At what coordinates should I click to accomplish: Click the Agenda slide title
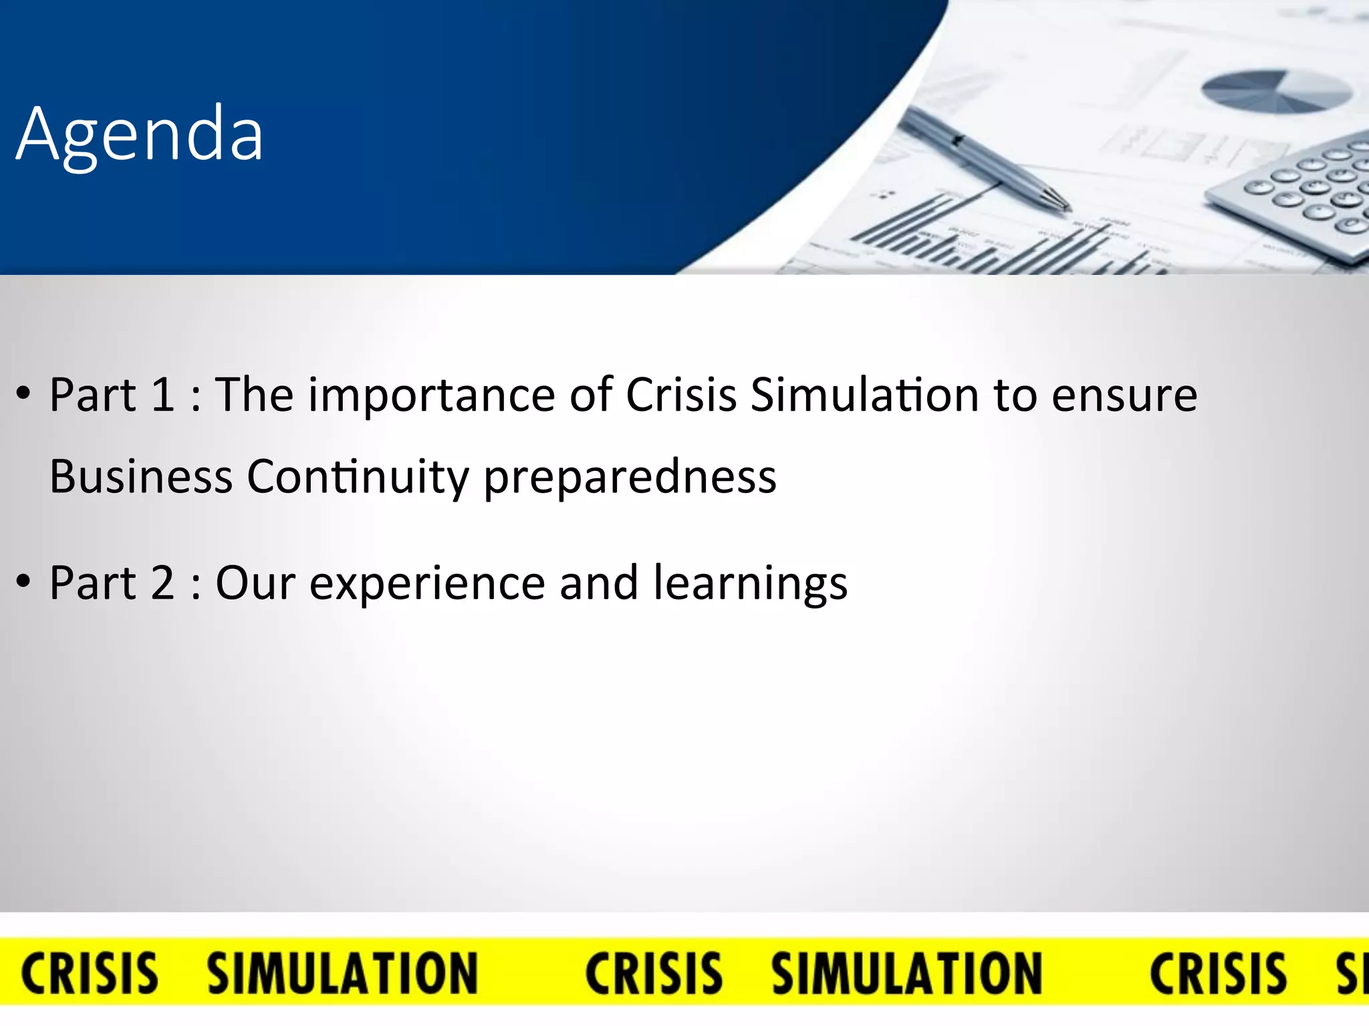139,136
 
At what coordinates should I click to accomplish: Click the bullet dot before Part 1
24,394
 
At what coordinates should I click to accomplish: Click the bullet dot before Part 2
24,582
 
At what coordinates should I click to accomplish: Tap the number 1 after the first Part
162,394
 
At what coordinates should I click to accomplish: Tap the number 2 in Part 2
162,582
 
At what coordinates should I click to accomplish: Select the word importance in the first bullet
430,395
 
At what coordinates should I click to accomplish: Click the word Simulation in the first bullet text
865,394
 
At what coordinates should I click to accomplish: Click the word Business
141,476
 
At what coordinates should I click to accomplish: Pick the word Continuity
358,478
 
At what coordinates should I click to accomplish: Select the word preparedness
630,478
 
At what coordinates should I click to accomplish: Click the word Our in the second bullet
255,582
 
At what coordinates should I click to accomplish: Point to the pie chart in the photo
1277,92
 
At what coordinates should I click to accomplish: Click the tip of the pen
1068,208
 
